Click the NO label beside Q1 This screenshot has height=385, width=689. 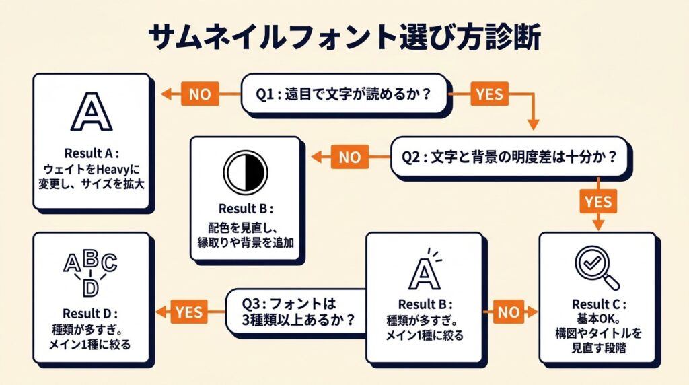click(x=200, y=94)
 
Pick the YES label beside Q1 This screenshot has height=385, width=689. click(x=488, y=94)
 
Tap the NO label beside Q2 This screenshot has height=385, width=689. click(x=349, y=157)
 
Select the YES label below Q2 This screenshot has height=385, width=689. click(x=597, y=202)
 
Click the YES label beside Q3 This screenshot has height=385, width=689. click(x=190, y=311)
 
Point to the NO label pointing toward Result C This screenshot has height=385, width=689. click(x=510, y=311)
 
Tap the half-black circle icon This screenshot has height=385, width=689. click(x=246, y=172)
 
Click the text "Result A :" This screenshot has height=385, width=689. click(x=91, y=152)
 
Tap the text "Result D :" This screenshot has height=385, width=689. click(x=89, y=314)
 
